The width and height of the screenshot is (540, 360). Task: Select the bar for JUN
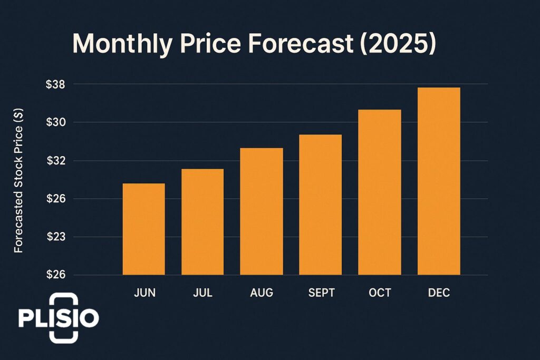coord(143,229)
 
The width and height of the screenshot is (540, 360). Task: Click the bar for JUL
coord(202,221)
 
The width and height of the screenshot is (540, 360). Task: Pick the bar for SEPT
coord(321,205)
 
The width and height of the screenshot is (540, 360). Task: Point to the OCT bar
coord(380,192)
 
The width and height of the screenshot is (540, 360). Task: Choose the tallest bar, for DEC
coord(439,181)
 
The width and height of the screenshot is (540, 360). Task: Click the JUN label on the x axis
coord(144,293)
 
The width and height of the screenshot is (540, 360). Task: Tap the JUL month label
coord(203,293)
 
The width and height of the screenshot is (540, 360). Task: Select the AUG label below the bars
coord(262,293)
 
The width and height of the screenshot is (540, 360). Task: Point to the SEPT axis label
coord(321,293)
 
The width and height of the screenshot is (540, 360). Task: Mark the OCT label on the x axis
coord(380,293)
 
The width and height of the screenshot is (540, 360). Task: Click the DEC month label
coord(439,293)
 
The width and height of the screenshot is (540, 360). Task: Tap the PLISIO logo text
coord(58,318)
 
